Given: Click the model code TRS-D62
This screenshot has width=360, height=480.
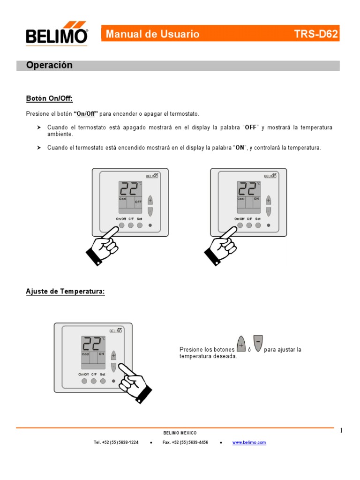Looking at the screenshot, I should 316,34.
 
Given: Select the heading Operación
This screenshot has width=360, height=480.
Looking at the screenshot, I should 49,66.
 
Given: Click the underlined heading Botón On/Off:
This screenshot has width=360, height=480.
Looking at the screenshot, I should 49,98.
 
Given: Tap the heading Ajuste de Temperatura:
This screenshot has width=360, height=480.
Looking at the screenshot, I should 65,292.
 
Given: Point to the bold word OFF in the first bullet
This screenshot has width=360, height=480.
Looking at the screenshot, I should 251,127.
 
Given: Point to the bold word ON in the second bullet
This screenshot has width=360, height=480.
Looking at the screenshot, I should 240,148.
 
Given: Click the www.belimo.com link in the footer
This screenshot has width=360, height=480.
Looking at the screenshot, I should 249,442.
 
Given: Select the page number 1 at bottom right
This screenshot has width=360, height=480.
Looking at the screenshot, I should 342,431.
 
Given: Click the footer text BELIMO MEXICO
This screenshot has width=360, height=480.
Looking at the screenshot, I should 180,433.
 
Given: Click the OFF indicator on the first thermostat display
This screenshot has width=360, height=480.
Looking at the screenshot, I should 138,202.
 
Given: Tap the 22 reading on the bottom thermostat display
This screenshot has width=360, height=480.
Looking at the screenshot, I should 91,345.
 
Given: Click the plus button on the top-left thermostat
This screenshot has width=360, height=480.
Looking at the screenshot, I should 150,200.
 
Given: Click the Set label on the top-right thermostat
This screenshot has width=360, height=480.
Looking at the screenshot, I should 258,219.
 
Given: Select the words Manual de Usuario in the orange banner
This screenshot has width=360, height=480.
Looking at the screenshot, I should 153,34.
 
